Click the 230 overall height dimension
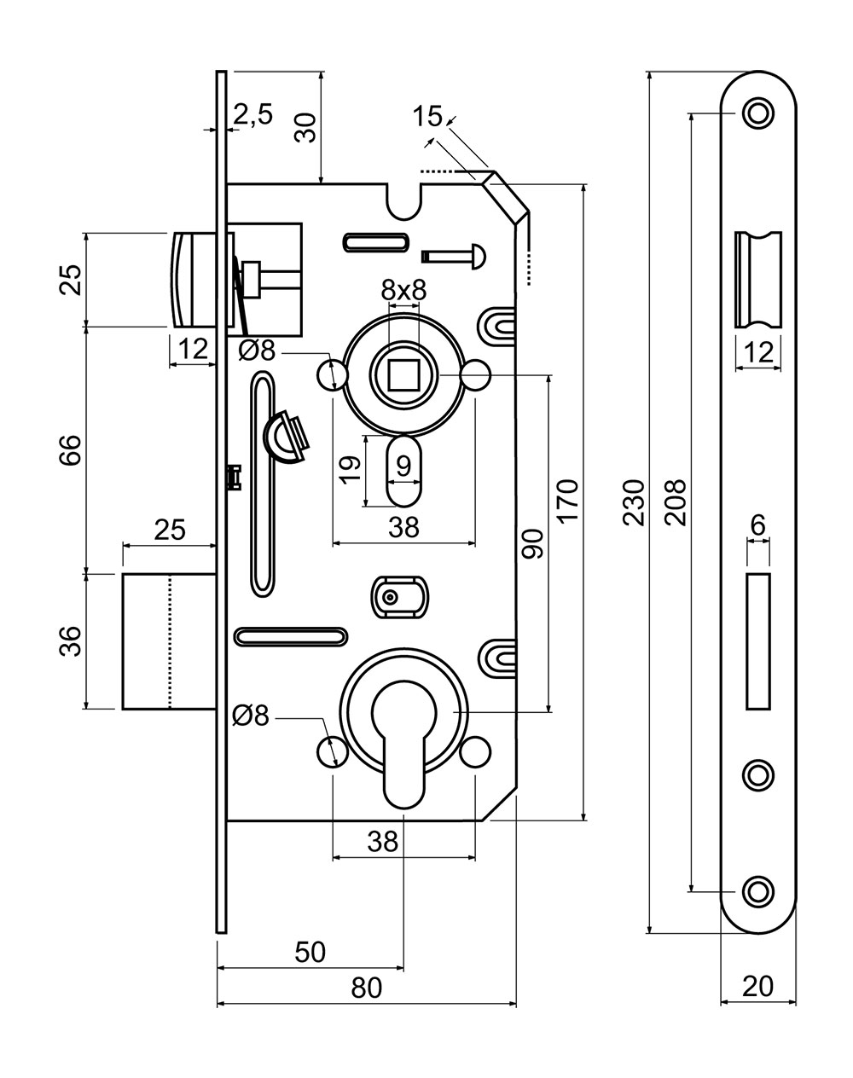633,503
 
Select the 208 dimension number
675,501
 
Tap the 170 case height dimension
569,501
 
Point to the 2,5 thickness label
252,115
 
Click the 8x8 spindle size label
403,289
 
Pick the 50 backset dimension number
310,951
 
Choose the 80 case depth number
366,988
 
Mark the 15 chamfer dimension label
426,116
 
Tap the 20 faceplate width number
757,986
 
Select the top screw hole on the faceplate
757,113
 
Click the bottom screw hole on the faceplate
757,890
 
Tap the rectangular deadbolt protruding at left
167,640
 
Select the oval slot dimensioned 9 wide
403,472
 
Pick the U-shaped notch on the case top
403,201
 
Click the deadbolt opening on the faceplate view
757,640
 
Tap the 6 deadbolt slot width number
757,526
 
